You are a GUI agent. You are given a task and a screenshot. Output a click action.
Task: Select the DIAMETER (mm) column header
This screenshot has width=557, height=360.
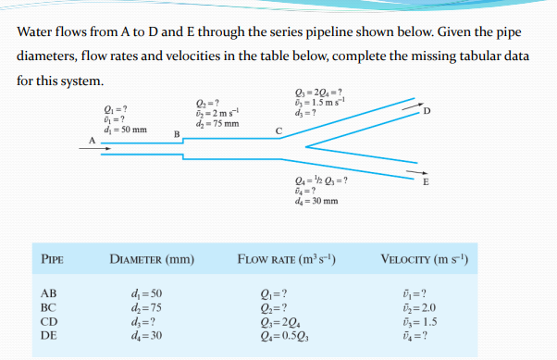[151, 258]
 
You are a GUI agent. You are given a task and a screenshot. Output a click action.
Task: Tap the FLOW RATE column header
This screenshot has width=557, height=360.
[287, 258]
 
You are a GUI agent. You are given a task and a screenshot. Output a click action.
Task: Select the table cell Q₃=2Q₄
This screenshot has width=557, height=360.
[280, 321]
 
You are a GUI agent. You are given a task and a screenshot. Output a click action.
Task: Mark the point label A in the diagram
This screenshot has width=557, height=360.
[91, 141]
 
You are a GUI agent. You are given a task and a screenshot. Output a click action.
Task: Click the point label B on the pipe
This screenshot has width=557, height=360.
[177, 135]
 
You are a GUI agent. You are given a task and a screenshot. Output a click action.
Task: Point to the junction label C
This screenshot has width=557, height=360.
[278, 130]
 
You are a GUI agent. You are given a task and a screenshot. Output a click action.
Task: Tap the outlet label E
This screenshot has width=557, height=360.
[426, 181]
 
